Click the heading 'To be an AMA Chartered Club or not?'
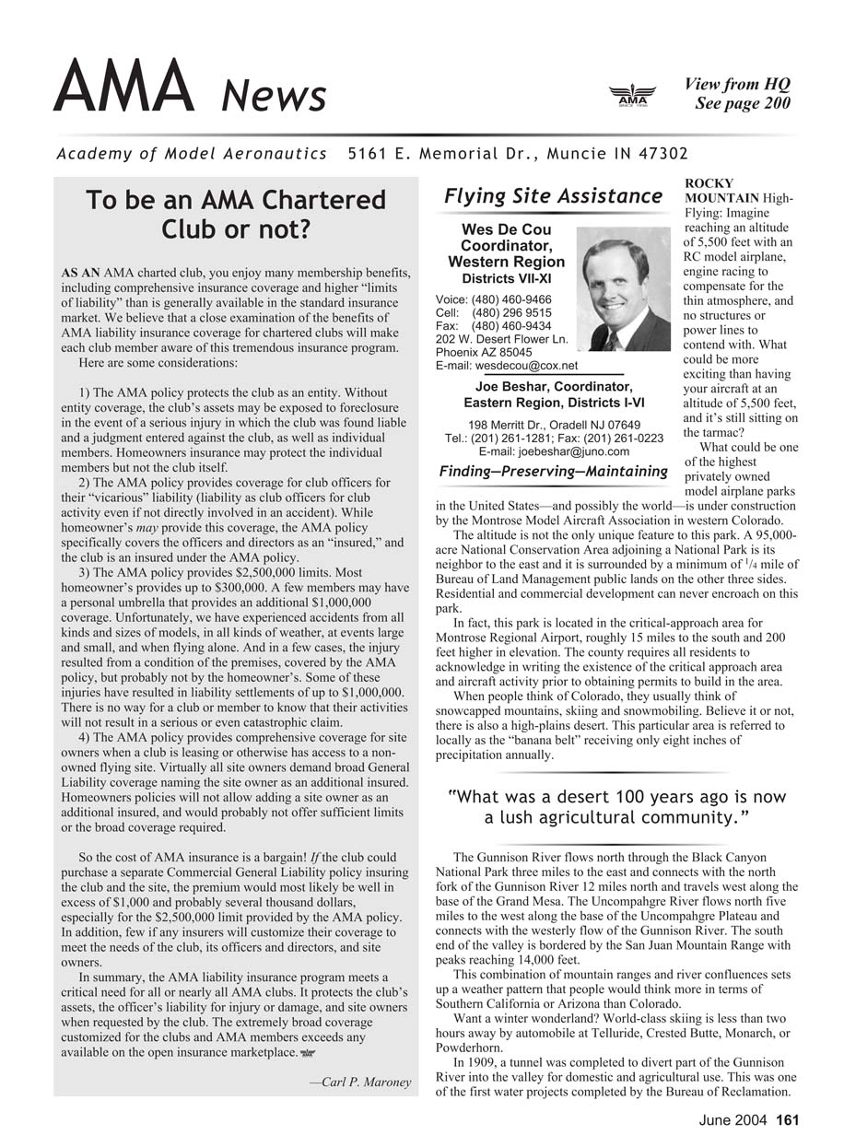235,215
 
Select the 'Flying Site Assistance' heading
553,196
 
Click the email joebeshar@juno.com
554,451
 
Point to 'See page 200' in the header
743,103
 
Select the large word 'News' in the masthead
275,95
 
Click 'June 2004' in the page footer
731,1120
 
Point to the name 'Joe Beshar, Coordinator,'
553,386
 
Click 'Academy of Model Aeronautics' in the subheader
192,153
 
